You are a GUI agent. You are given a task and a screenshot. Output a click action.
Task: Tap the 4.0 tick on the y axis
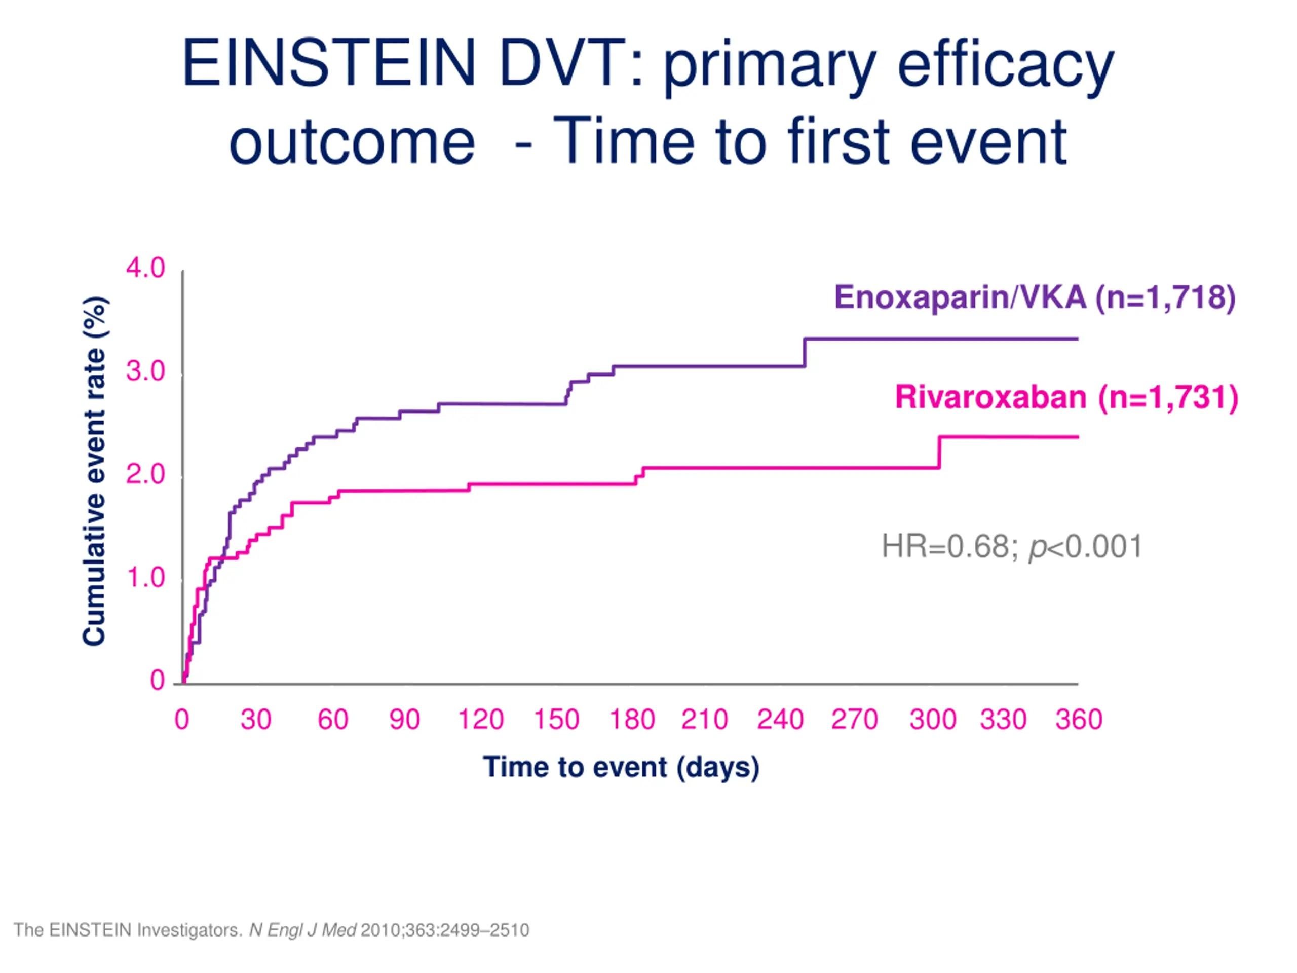click(x=145, y=268)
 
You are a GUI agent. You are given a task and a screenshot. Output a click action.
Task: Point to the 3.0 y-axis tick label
click(x=145, y=371)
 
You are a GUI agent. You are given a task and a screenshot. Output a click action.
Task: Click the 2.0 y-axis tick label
click(x=145, y=474)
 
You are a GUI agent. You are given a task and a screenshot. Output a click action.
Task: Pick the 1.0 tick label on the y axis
click(x=145, y=578)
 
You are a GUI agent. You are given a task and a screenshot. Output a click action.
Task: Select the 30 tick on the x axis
click(x=256, y=720)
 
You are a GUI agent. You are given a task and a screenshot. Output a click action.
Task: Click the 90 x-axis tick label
click(x=405, y=720)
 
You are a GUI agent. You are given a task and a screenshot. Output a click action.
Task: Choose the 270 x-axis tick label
click(x=854, y=720)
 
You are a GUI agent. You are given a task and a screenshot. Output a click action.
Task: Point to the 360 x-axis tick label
click(x=1079, y=720)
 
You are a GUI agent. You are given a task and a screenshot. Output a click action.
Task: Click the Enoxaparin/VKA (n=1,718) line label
click(x=1035, y=297)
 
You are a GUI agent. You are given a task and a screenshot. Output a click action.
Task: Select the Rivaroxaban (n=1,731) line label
click(x=1066, y=397)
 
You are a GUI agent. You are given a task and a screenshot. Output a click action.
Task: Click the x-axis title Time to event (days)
click(x=621, y=767)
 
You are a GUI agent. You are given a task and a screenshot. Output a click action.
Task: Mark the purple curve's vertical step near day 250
click(x=805, y=353)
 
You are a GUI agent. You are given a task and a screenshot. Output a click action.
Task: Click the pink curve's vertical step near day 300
click(x=939, y=452)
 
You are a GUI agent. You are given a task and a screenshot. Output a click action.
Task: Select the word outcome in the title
click(x=352, y=142)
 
